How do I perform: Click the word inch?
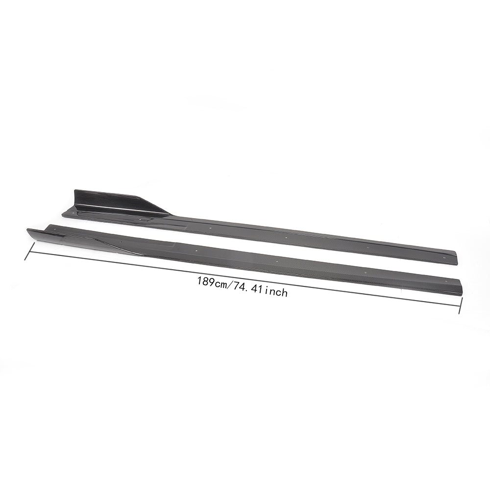[x=275, y=292]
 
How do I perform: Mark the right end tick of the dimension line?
[x=460, y=305]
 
